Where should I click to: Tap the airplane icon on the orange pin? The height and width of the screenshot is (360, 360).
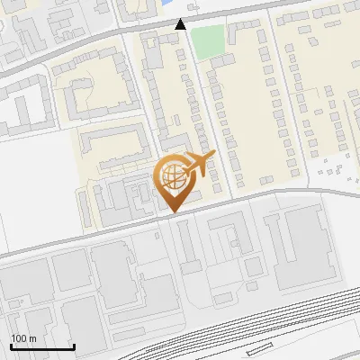point(199,165)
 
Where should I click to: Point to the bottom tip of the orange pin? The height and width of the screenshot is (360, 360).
point(173,211)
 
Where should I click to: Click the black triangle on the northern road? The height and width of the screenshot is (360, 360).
point(181,24)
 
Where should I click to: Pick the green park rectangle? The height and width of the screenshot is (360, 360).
point(207,42)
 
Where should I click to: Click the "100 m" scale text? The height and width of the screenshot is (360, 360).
point(23,338)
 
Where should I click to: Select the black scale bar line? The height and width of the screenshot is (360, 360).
point(42,347)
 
